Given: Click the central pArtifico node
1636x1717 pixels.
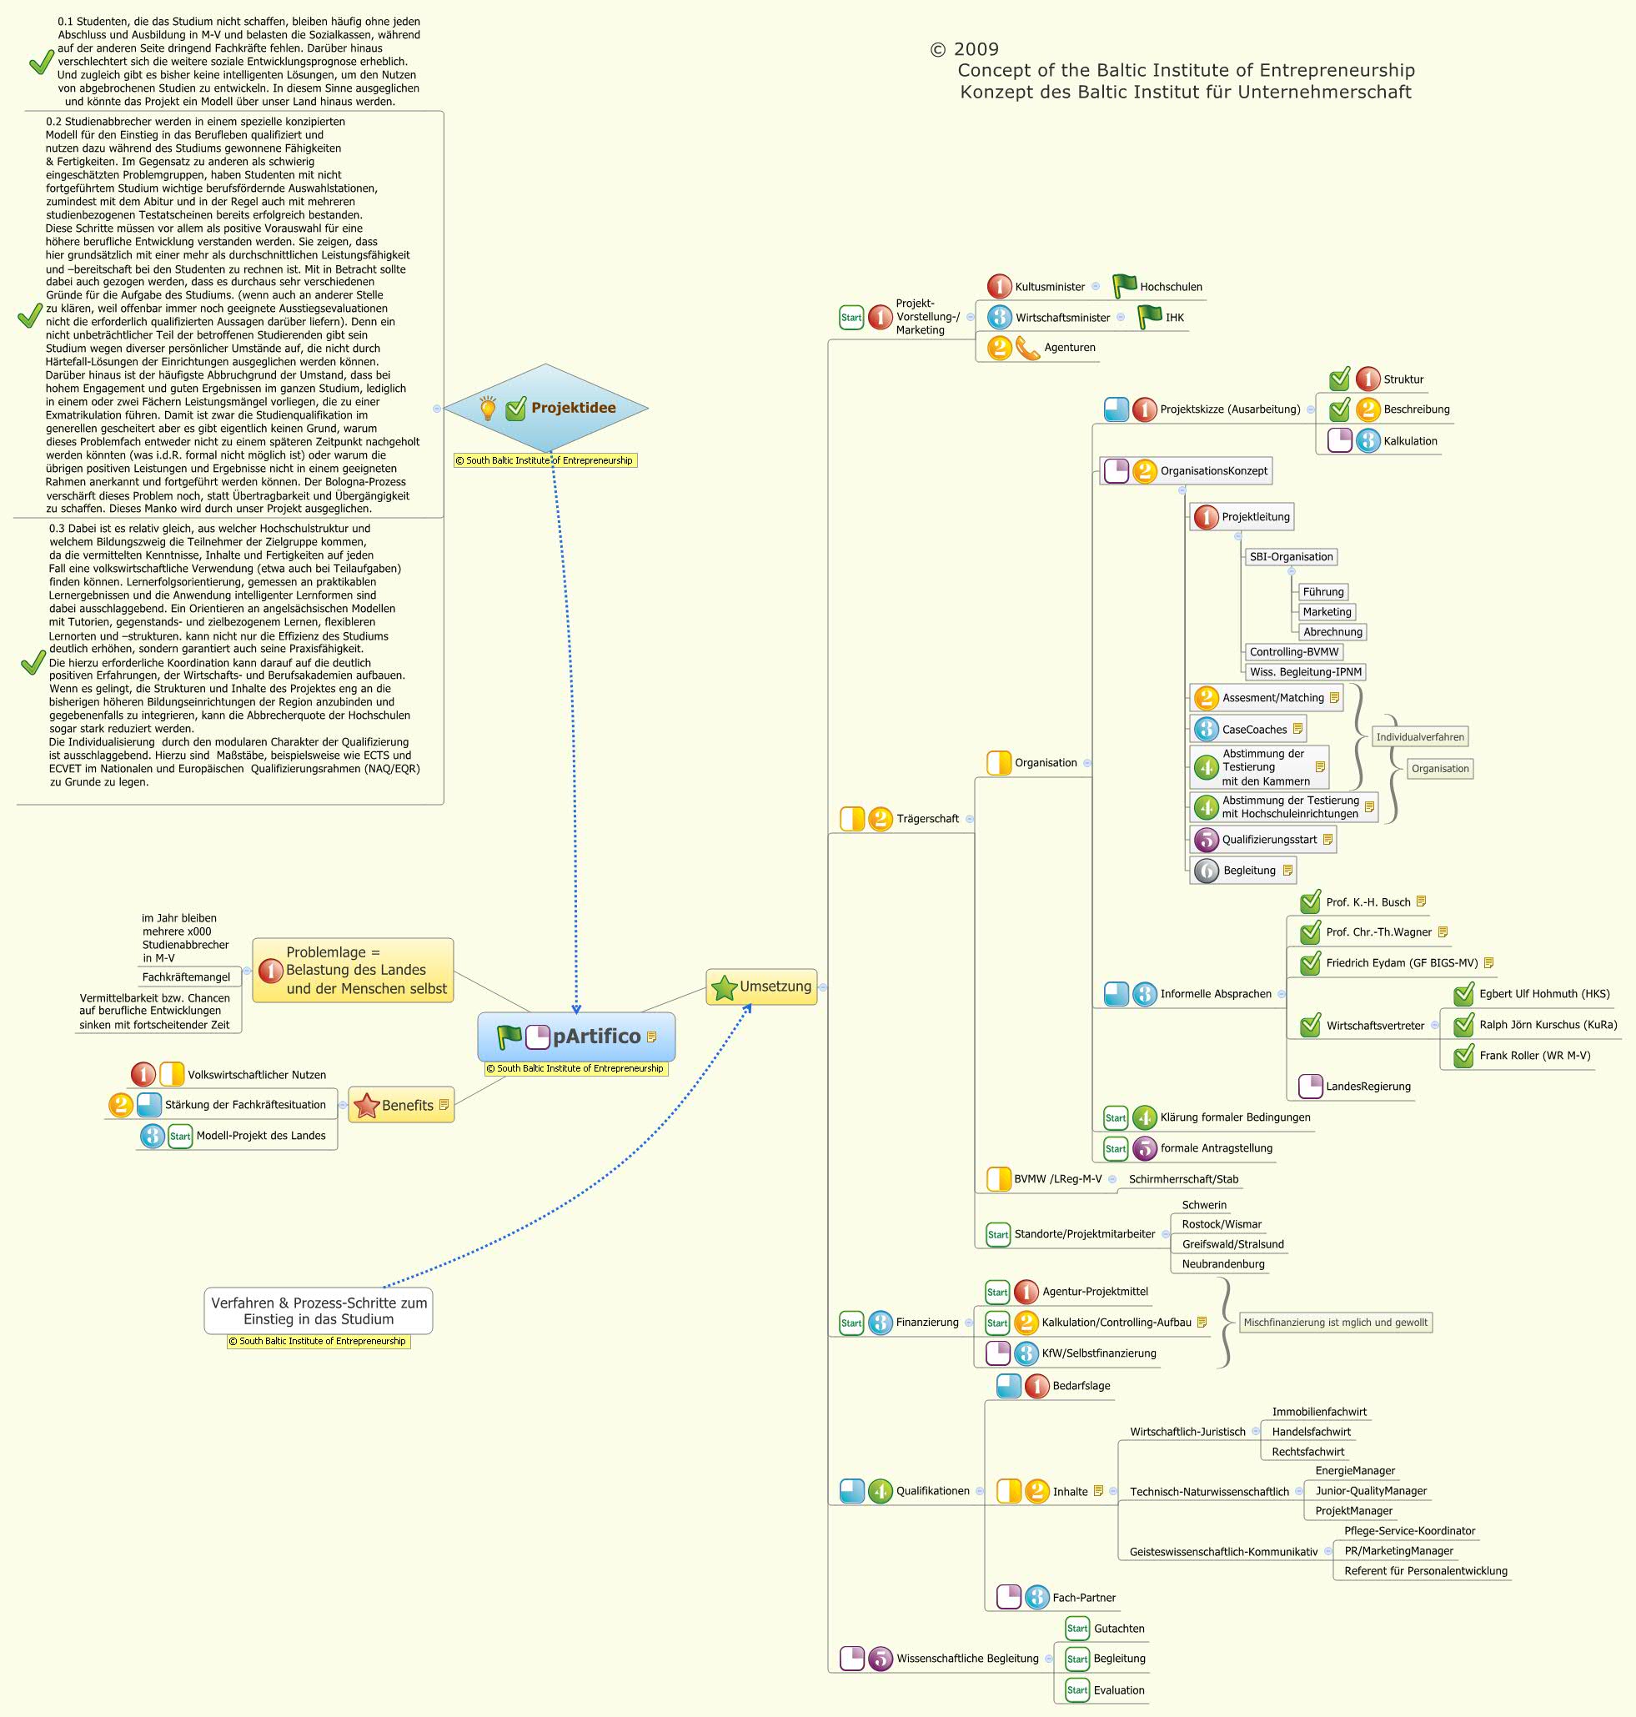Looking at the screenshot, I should coord(576,1036).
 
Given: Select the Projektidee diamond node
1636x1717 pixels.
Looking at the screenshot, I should coord(546,408).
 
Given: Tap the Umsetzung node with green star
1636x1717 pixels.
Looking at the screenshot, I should coord(761,987).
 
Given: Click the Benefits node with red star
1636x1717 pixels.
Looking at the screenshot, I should coord(401,1105).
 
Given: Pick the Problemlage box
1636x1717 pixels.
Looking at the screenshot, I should coord(354,970).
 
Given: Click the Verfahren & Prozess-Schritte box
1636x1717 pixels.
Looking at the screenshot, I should coord(319,1311).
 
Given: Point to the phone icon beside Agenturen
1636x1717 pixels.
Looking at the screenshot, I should coord(1028,348).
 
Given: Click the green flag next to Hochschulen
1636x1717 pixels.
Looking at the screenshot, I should coord(1124,286).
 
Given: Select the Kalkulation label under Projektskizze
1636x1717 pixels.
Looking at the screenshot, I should coord(1410,441).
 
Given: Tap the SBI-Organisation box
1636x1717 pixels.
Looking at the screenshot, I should coord(1291,557).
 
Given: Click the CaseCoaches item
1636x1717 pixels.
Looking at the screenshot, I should coord(1254,730).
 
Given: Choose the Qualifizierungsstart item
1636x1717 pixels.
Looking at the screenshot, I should coord(1269,840).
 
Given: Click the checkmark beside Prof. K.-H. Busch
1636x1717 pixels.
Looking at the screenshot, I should coord(1310,902).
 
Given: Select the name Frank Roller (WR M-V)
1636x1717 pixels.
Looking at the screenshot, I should coord(1534,1056).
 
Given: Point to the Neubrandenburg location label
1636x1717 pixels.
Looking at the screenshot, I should coord(1222,1264).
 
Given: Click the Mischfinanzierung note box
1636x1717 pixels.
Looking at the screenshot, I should coord(1334,1323).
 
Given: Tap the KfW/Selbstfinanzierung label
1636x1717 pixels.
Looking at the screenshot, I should coord(1098,1353).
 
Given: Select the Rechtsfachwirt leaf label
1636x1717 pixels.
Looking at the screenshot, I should coord(1307,1452).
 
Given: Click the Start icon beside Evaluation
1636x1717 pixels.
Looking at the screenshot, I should coord(1077,1690).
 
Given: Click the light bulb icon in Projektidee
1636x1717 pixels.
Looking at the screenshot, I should coord(489,407).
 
